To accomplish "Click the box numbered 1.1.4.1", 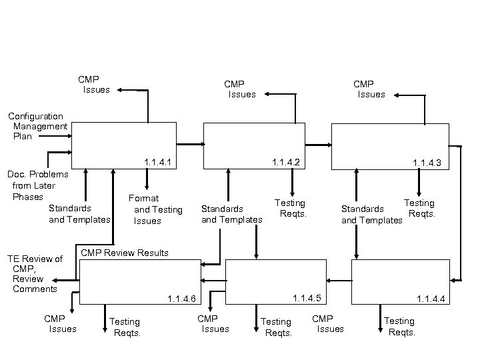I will point(123,144).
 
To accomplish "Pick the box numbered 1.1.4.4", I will point(397,281).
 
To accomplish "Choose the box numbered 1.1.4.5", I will point(275,281).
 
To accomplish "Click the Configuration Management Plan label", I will point(39,126).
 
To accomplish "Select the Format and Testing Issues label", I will point(155,209).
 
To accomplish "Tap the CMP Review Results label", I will point(125,253).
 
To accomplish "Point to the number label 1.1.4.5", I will point(306,297).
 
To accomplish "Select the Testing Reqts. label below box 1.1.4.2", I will point(290,208).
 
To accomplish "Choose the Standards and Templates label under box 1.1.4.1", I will point(79,214).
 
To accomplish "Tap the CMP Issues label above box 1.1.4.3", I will point(367,89).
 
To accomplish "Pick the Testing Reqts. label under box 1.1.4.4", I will point(399,327).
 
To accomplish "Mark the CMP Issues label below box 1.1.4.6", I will point(59,324).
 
